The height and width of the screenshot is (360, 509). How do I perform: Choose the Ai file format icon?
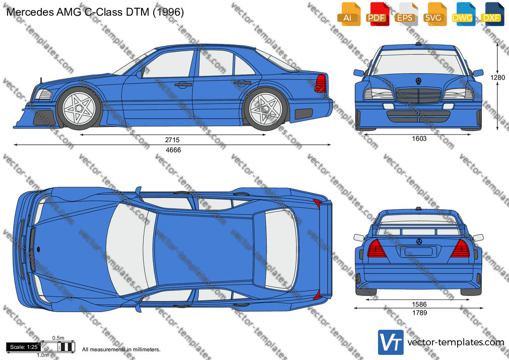[x=348, y=14]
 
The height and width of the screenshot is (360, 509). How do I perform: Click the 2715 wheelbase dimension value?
[x=172, y=140]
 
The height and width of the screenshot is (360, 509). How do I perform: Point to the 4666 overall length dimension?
[x=173, y=150]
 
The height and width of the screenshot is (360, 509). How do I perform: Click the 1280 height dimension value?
[x=497, y=77]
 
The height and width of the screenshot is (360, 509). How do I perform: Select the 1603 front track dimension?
[x=419, y=139]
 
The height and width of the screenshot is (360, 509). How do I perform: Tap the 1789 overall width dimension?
[x=419, y=313]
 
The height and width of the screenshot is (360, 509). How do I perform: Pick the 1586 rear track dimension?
[x=419, y=305]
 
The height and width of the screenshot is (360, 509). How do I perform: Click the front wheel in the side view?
[x=79, y=108]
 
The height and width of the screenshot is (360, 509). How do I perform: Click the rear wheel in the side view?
[x=266, y=109]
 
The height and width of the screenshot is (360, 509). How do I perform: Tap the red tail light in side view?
[x=321, y=84]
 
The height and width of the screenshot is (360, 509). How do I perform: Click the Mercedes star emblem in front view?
[x=418, y=81]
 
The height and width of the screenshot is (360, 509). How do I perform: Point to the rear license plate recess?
[x=418, y=251]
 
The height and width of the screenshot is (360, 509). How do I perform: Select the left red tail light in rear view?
[x=376, y=249]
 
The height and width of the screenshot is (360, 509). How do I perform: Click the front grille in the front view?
[x=419, y=95]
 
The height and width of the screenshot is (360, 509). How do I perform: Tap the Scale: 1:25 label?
[x=24, y=347]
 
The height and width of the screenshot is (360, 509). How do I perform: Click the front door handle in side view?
[x=183, y=85]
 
